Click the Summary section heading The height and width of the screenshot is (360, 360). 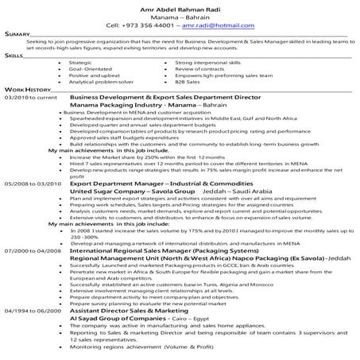[x=17, y=35]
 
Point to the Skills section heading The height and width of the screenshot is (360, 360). [x=14, y=56]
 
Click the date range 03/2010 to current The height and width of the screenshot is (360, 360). [x=30, y=97]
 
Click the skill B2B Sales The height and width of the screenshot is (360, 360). [x=188, y=81]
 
